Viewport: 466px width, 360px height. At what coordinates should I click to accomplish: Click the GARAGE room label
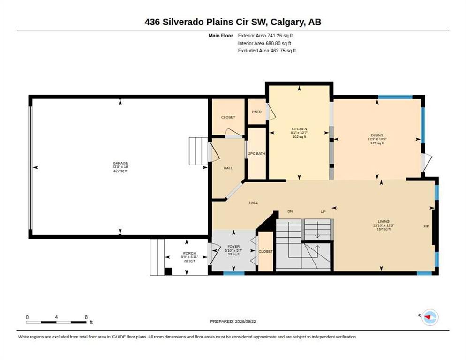pyautogui.click(x=120, y=163)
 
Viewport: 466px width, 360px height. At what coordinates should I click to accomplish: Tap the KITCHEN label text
pyautogui.click(x=299, y=129)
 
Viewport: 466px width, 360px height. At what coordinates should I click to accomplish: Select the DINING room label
pyautogui.click(x=377, y=135)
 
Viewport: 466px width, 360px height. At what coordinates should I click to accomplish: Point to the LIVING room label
pyautogui.click(x=383, y=221)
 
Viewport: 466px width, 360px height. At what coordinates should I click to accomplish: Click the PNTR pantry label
pyautogui.click(x=256, y=112)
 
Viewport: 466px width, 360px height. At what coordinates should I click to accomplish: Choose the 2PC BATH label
pyautogui.click(x=257, y=154)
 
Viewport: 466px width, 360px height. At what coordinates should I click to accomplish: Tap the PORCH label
pyautogui.click(x=189, y=253)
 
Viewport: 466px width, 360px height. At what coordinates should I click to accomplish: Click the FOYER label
pyautogui.click(x=233, y=247)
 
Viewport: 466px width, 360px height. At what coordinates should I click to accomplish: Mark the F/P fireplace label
pyautogui.click(x=426, y=226)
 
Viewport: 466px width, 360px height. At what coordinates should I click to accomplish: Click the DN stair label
pyautogui.click(x=290, y=211)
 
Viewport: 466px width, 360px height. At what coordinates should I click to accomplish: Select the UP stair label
pyautogui.click(x=323, y=212)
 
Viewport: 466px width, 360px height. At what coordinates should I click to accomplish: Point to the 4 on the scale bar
pyautogui.click(x=56, y=317)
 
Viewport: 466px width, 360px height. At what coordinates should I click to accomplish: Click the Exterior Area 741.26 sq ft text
pyautogui.click(x=265, y=36)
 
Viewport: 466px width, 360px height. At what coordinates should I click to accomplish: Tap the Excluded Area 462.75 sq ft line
pyautogui.click(x=267, y=51)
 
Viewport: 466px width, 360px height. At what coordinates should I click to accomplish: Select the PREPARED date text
pyautogui.click(x=233, y=322)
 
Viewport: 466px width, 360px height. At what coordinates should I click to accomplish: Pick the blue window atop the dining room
pyautogui.click(x=395, y=97)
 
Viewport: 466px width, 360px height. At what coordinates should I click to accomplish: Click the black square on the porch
pyautogui.click(x=168, y=271)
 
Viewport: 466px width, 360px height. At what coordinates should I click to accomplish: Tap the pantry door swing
pyautogui.click(x=271, y=112)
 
